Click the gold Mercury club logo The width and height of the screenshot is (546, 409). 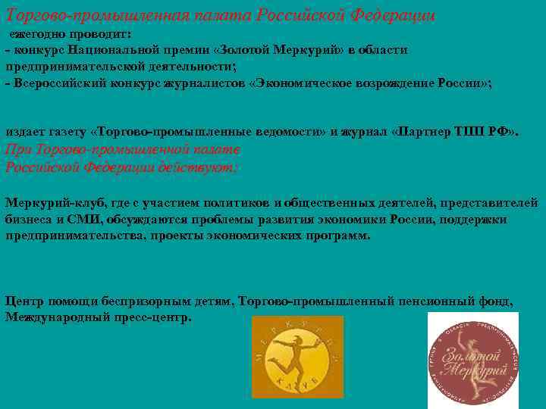click(297, 357)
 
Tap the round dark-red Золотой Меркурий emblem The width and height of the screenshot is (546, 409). click(473, 356)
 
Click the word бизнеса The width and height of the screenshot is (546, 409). click(29, 220)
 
